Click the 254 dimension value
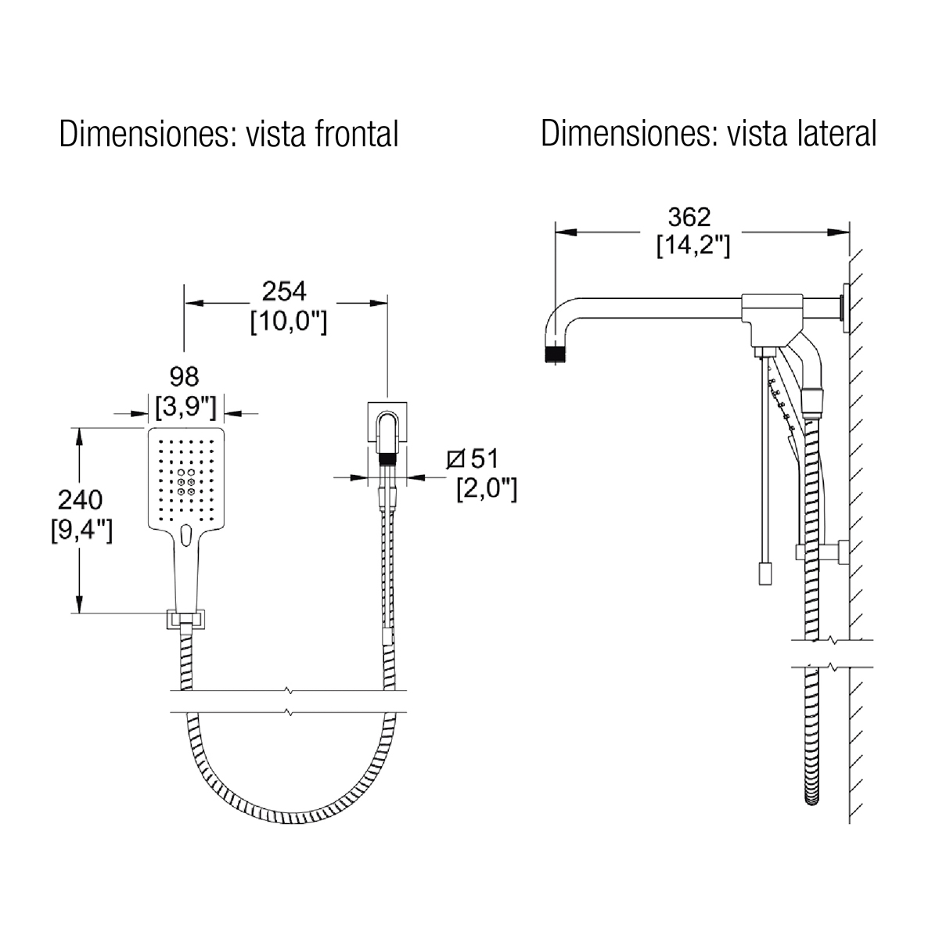pyautogui.click(x=284, y=291)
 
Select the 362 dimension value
pyautogui.click(x=689, y=218)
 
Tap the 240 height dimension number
pyautogui.click(x=80, y=500)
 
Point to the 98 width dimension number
pyautogui.click(x=184, y=376)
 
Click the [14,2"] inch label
pyautogui.click(x=693, y=245)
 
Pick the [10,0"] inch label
pyautogui.click(x=289, y=321)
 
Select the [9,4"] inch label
pyautogui.click(x=81, y=531)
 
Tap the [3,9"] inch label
pyautogui.click(x=185, y=407)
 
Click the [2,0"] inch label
pyautogui.click(x=486, y=489)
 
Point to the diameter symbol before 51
pyautogui.click(x=455, y=459)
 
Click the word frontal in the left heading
pyautogui.click(x=356, y=134)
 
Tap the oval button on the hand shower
pyautogui.click(x=185, y=535)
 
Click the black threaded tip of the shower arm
pyautogui.click(x=556, y=354)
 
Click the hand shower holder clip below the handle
pyautogui.click(x=185, y=619)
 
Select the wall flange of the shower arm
pyautogui.click(x=844, y=308)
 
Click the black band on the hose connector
pyautogui.click(x=387, y=459)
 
